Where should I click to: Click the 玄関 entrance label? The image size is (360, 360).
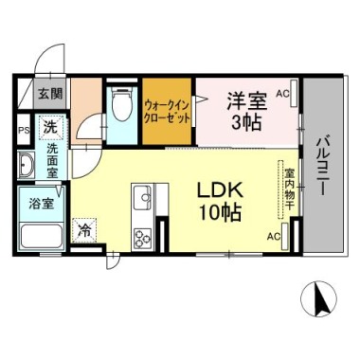(50, 93)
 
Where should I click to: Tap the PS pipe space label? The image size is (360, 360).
(24, 131)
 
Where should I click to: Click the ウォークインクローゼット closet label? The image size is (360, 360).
(167, 112)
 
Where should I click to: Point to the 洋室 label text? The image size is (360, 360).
(247, 100)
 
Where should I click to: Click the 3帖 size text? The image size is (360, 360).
(246, 122)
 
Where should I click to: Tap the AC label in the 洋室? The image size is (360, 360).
(282, 94)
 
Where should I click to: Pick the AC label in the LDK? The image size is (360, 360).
(274, 236)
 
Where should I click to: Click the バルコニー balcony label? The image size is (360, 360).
(323, 164)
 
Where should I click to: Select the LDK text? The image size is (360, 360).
(220, 190)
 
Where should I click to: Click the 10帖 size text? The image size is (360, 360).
(220, 212)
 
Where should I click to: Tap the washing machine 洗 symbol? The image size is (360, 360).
(50, 128)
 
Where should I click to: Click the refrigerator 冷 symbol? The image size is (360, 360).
(84, 231)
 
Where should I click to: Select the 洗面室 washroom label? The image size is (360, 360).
(52, 161)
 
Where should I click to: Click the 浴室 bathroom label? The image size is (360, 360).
(41, 204)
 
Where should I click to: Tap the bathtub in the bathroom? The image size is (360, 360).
(42, 236)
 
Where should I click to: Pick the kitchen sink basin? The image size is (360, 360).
(142, 197)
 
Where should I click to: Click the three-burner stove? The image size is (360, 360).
(142, 239)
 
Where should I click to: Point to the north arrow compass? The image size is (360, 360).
(319, 298)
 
